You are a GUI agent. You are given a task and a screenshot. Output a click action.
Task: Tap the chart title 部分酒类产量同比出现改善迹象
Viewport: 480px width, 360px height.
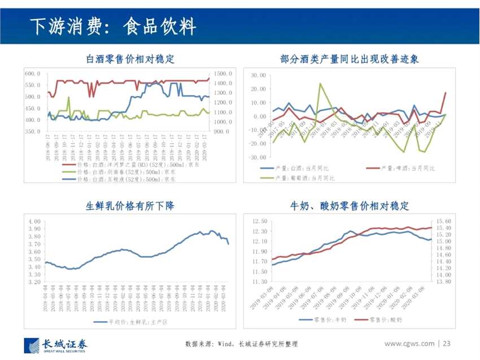pos(349,58)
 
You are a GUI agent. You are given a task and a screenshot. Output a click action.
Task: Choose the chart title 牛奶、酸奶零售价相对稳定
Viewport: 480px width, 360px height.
pos(349,206)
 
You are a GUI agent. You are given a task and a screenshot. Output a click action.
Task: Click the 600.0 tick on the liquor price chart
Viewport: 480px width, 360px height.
pos(32,74)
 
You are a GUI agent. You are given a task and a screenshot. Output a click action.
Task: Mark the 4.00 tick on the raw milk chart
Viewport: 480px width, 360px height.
pos(34,222)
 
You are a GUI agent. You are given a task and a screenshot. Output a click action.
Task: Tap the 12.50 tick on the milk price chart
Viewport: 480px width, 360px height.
pos(259,221)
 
